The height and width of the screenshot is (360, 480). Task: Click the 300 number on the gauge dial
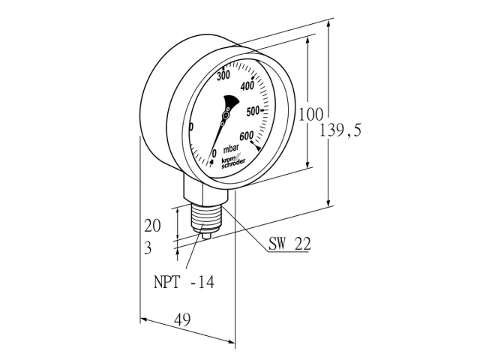click(223, 75)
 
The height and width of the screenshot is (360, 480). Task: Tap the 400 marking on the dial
click(247, 86)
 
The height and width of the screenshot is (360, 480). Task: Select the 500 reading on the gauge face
click(253, 112)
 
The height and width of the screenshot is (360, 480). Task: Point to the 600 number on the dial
click(247, 136)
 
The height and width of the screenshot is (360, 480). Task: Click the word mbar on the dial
click(231, 149)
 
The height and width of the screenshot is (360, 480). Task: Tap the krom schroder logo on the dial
click(233, 162)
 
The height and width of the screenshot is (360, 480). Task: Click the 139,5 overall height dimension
click(340, 130)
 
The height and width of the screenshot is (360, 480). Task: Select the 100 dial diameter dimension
click(310, 115)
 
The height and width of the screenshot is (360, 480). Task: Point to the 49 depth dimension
click(182, 319)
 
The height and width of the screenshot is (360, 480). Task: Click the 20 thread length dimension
click(152, 226)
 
